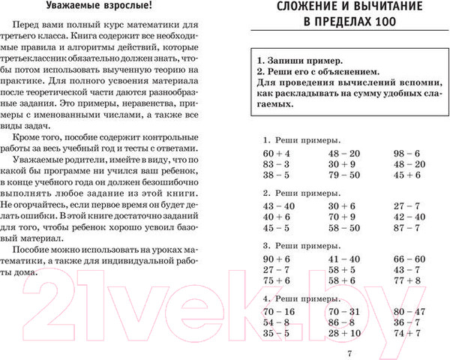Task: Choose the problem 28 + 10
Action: pyautogui.click(x=344, y=333)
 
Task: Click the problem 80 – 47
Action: pyautogui.click(x=409, y=310)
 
